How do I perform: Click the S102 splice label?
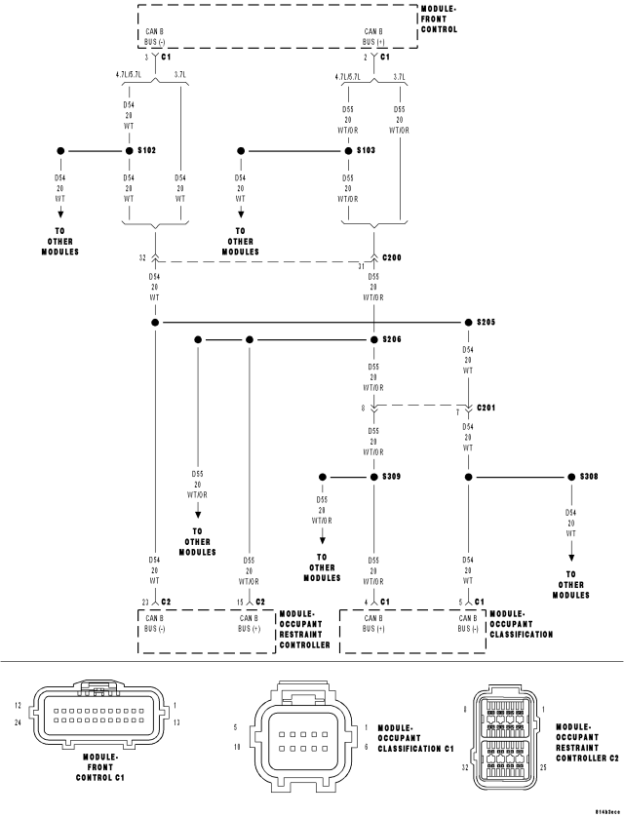146,151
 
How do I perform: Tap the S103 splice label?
366,151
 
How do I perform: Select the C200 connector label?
391,257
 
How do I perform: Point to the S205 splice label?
487,323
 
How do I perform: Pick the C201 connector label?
487,407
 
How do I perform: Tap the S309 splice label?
391,477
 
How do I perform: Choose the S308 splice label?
588,477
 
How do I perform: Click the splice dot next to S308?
570,477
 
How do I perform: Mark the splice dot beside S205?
467,323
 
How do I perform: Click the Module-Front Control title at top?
438,18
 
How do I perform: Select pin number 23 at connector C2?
143,602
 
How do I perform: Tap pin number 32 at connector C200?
142,257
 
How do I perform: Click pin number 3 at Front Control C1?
146,58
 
